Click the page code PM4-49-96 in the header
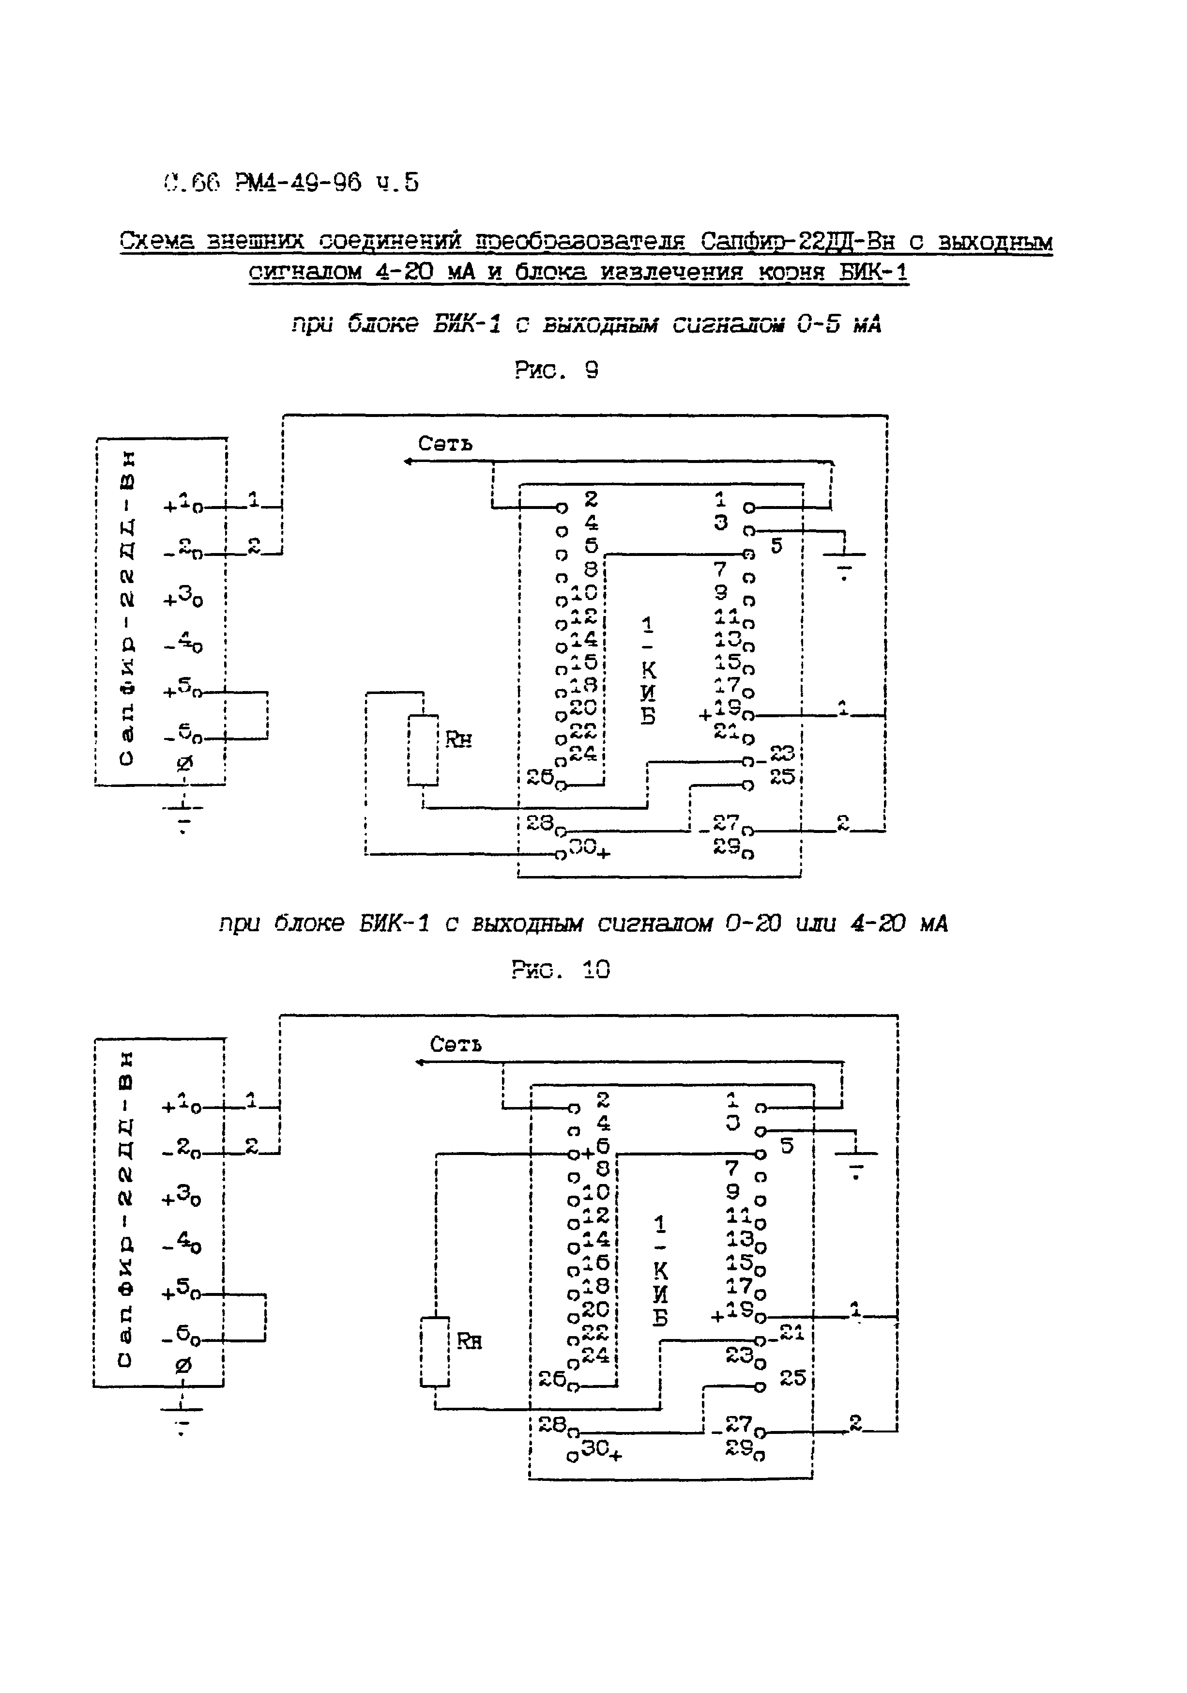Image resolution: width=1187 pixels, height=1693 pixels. click(299, 182)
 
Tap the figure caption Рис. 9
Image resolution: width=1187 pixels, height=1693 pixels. click(557, 370)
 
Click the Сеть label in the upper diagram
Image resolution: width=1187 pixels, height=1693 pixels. click(445, 444)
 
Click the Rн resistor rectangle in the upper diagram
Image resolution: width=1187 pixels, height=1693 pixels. click(423, 750)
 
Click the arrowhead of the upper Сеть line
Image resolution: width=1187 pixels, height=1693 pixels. click(408, 462)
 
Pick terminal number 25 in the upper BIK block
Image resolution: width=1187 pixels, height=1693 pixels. click(781, 776)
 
